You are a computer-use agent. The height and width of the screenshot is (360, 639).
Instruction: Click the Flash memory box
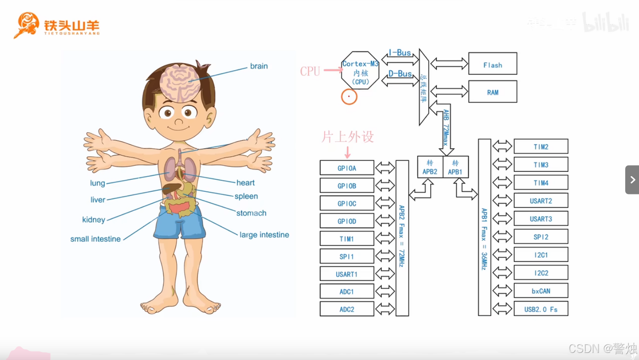click(492, 63)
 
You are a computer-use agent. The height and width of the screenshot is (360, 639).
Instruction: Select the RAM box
click(492, 92)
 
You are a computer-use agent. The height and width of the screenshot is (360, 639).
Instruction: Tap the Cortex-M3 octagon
click(360, 70)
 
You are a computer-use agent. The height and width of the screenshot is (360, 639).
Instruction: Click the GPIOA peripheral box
click(347, 168)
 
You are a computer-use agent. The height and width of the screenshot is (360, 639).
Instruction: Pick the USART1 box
click(347, 274)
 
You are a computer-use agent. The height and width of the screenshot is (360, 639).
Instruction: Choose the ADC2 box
click(347, 309)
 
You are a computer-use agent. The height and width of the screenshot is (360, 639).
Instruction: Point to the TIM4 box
click(541, 182)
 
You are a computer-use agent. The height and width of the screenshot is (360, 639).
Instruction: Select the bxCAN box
click(541, 291)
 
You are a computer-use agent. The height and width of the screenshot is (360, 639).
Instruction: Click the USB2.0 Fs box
click(541, 309)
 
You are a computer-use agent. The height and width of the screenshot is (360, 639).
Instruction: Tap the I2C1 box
click(541, 255)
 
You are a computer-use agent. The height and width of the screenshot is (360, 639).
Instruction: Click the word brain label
click(258, 66)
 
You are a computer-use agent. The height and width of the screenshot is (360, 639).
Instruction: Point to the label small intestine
click(95, 239)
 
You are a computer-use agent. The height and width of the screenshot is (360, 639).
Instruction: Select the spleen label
click(246, 196)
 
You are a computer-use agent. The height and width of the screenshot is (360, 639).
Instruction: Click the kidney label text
click(94, 220)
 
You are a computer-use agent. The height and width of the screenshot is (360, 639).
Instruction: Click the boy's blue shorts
click(179, 224)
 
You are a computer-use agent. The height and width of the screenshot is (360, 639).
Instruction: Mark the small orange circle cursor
click(349, 96)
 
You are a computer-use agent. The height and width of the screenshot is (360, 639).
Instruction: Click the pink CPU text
click(310, 71)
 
